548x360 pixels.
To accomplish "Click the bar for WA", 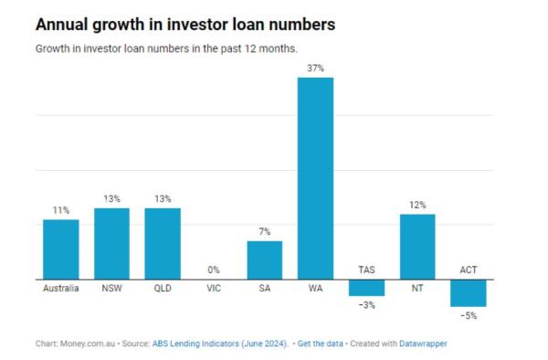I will click(x=315, y=178).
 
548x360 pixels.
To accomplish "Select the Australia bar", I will click(x=61, y=249).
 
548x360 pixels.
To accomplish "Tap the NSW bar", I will click(x=111, y=244).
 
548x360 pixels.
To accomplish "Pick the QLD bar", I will click(x=163, y=244).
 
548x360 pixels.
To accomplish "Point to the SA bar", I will click(x=264, y=260).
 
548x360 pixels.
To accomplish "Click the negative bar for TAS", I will click(x=366, y=287).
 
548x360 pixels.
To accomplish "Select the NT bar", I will click(x=417, y=247).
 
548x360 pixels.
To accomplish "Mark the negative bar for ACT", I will click(x=468, y=292).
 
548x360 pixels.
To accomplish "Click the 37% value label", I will click(x=315, y=68).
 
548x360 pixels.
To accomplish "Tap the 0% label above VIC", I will click(x=214, y=270).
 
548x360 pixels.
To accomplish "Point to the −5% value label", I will click(x=468, y=315).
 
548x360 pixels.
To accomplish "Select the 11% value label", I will click(x=61, y=210).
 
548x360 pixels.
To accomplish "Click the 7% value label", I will click(x=264, y=232).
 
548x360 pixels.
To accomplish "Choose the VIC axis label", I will click(x=214, y=290).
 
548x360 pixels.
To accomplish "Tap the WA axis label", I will click(x=315, y=290).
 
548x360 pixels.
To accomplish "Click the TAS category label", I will click(x=366, y=270).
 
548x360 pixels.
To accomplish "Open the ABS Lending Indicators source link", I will click(x=234, y=344).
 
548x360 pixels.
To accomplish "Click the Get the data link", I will click(x=321, y=344).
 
